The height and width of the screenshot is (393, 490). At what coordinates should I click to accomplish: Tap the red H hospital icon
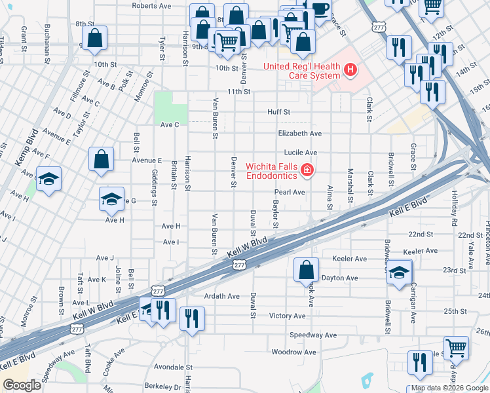click(x=352, y=69)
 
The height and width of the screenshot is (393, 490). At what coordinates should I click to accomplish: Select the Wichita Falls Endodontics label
click(x=272, y=171)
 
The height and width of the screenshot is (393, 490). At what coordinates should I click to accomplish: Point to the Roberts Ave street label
click(x=151, y=5)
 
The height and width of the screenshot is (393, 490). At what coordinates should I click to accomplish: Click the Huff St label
click(x=278, y=112)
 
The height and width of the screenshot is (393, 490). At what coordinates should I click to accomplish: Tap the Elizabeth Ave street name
click(x=299, y=133)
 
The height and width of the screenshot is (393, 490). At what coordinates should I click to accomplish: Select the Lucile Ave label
click(x=301, y=153)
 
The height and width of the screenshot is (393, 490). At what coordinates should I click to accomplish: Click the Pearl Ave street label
click(x=290, y=193)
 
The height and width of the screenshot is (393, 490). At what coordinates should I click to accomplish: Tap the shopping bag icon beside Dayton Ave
click(x=306, y=269)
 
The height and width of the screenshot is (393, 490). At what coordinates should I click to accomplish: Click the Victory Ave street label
click(x=288, y=316)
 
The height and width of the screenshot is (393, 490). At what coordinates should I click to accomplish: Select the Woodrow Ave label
click(x=294, y=352)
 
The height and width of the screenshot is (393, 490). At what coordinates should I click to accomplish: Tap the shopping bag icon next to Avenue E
click(x=102, y=159)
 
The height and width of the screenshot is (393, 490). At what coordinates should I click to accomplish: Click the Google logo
click(x=22, y=385)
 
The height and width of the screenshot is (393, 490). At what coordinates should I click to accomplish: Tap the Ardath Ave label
click(x=221, y=296)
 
